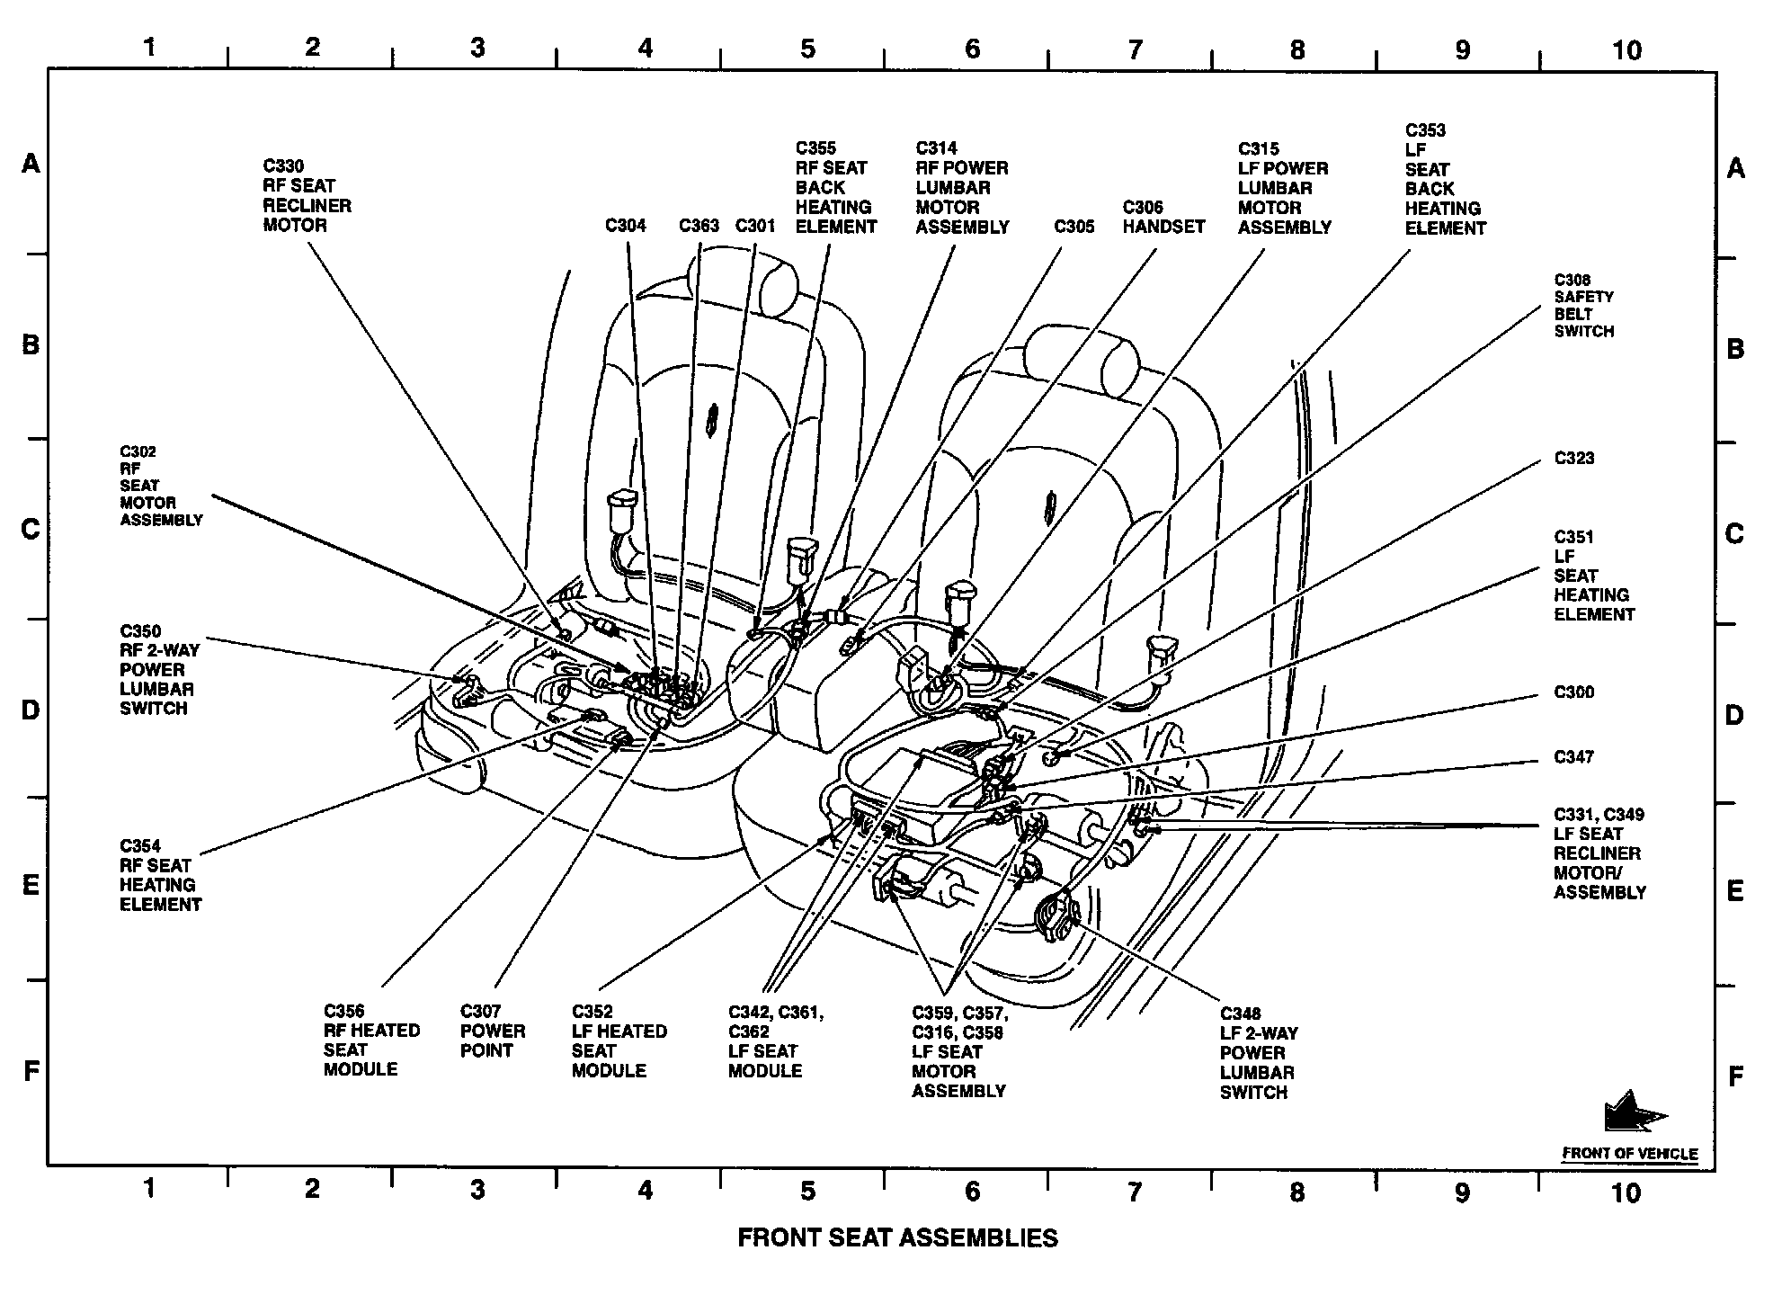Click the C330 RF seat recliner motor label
(307, 196)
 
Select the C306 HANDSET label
(1163, 218)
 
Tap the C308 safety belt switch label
(1583, 306)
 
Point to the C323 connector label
(1573, 459)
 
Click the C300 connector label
(1573, 692)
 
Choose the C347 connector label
(1573, 757)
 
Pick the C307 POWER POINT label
(492, 1032)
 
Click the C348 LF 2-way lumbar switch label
(1258, 1053)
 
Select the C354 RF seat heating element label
(160, 875)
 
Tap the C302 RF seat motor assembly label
(160, 486)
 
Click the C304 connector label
(625, 226)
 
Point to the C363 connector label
(699, 226)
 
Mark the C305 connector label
(1074, 227)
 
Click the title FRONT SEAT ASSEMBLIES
(897, 1238)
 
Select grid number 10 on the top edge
(1626, 50)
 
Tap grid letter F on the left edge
(31, 1071)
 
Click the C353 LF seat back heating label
(1445, 180)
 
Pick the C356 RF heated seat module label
(371, 1040)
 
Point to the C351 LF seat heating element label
(1593, 576)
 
